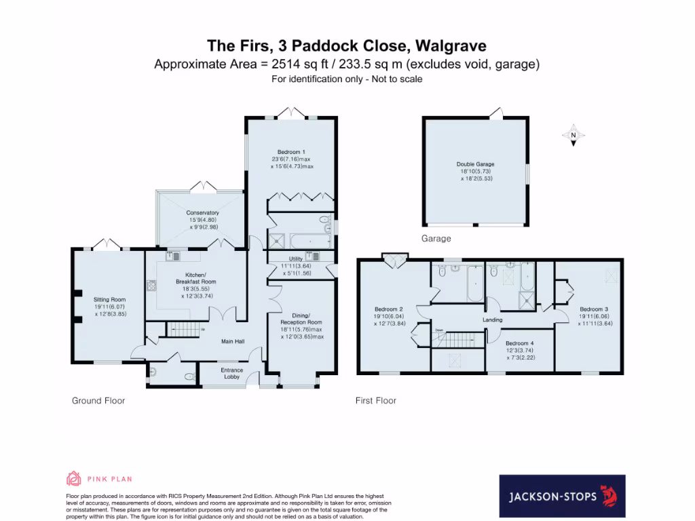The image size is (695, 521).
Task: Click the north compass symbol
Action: pyautogui.click(x=573, y=136)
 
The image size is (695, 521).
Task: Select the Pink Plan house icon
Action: pyautogui.click(x=73, y=479)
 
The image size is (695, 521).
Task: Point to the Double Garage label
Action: pyautogui.click(x=475, y=164)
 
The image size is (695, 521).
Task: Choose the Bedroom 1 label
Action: pyautogui.click(x=291, y=151)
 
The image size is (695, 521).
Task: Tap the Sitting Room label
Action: pyautogui.click(x=109, y=298)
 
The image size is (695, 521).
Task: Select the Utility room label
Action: pyautogui.click(x=295, y=258)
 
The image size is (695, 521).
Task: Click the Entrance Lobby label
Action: pyautogui.click(x=233, y=374)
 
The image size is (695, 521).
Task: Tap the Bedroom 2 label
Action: pyautogui.click(x=386, y=308)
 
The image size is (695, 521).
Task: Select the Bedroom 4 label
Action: pyautogui.click(x=519, y=343)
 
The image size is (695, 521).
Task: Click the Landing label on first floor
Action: pyautogui.click(x=492, y=320)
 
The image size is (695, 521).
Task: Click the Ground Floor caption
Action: pyautogui.click(x=98, y=401)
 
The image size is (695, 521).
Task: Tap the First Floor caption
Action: pyautogui.click(x=376, y=401)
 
